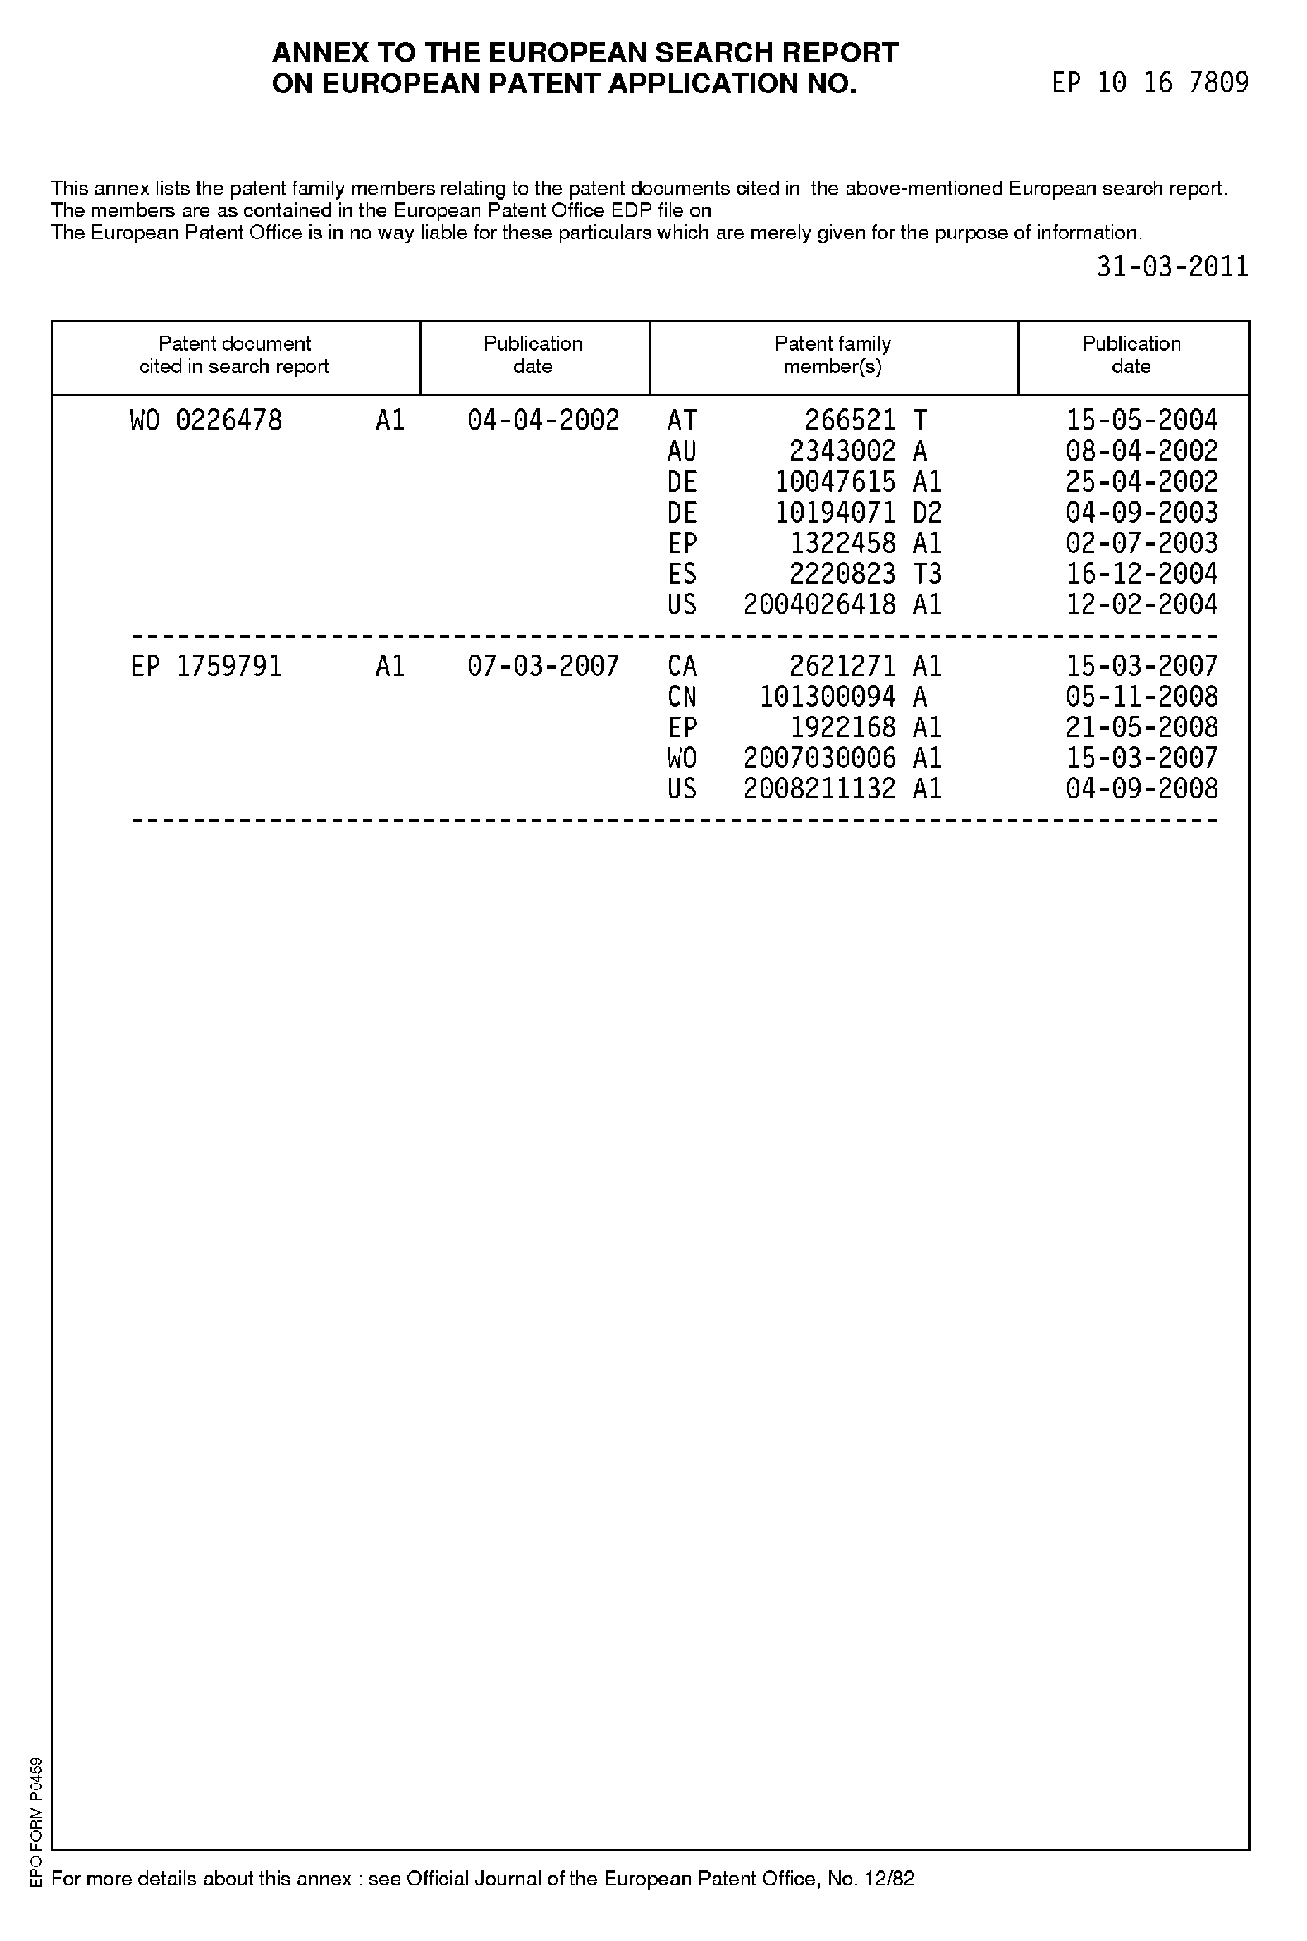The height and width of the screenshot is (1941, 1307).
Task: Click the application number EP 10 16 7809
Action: [x=1150, y=83]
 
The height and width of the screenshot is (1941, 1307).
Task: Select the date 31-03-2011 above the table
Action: [x=1172, y=267]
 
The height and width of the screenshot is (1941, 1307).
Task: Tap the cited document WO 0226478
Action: [x=206, y=420]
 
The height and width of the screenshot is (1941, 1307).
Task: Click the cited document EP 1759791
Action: [x=207, y=667]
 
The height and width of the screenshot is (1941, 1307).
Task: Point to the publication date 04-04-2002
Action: [x=543, y=420]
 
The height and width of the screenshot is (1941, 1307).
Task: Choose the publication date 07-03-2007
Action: [x=543, y=667]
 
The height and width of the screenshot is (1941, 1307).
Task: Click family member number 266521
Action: [x=850, y=420]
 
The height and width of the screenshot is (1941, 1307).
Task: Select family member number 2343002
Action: [x=842, y=451]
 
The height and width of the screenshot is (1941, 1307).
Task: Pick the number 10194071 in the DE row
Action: [x=835, y=513]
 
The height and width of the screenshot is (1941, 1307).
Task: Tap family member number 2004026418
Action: [x=819, y=604]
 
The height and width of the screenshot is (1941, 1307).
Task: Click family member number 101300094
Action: [x=828, y=697]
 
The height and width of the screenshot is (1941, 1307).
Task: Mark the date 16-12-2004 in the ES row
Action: [x=1142, y=573]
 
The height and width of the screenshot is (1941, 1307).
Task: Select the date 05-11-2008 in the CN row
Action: [x=1142, y=697]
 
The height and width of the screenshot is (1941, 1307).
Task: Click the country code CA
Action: [x=682, y=667]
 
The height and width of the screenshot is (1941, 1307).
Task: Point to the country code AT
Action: [x=682, y=420]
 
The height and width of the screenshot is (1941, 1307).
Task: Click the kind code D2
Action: [x=927, y=513]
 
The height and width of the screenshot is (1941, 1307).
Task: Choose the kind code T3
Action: [x=927, y=573]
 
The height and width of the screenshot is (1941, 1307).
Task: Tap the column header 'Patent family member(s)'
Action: [x=833, y=355]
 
